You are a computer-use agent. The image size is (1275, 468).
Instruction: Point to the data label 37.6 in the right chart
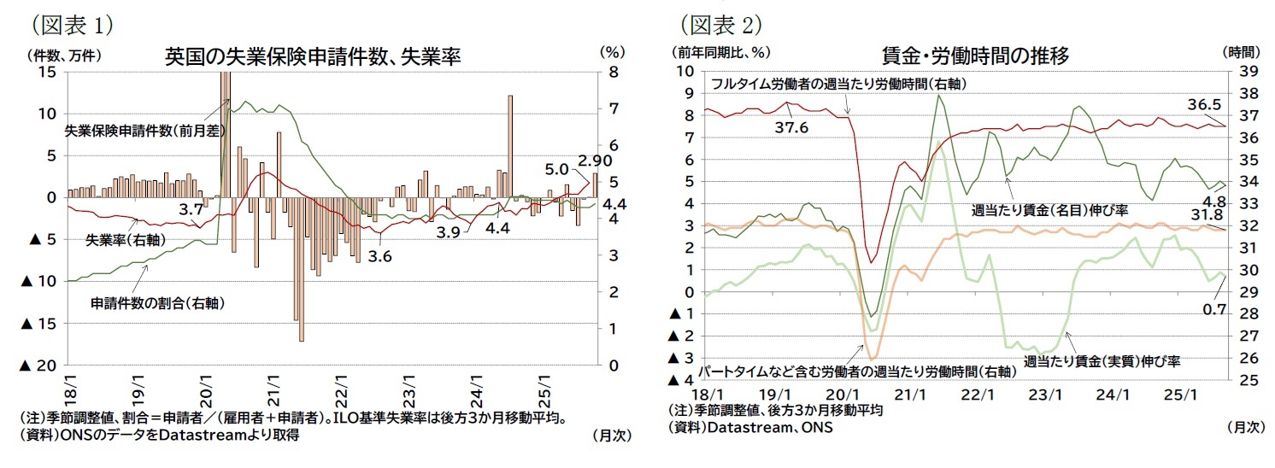click(x=790, y=128)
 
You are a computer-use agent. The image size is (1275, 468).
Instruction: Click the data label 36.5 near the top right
click(x=1205, y=105)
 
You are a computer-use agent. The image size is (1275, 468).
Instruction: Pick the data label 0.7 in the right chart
click(x=1213, y=309)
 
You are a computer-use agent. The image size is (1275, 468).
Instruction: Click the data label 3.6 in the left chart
click(x=379, y=256)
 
